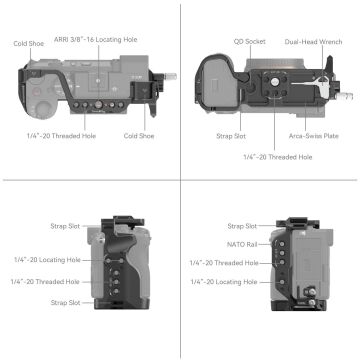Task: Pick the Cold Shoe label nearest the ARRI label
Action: [x=28, y=43]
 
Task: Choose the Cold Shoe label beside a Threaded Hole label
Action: [x=139, y=135]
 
